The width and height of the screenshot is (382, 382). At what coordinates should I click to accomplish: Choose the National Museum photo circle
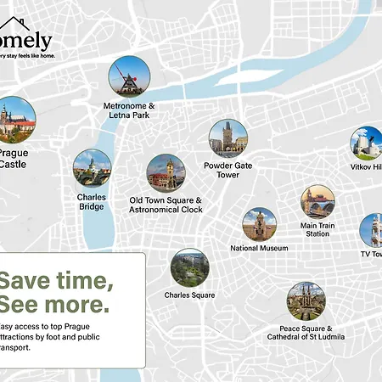tap(259, 225)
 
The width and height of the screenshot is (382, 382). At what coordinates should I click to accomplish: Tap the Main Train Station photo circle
tap(317, 201)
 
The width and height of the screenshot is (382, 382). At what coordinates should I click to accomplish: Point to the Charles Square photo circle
tap(189, 268)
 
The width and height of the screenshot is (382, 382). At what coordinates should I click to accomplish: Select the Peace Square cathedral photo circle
tap(306, 301)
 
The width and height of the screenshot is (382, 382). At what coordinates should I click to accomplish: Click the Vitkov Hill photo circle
tap(367, 143)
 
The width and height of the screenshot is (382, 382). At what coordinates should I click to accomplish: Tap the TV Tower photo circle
tap(373, 230)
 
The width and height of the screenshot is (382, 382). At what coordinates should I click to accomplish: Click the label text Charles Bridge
tap(92, 202)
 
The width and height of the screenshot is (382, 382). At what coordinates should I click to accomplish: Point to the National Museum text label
tap(259, 249)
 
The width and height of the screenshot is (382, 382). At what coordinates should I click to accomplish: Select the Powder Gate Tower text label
tap(228, 171)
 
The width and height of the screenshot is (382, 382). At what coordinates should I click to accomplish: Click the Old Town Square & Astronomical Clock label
tap(166, 205)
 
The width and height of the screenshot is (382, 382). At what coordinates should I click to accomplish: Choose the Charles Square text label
tap(189, 295)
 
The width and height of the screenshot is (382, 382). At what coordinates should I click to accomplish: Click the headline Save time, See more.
tap(55, 292)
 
